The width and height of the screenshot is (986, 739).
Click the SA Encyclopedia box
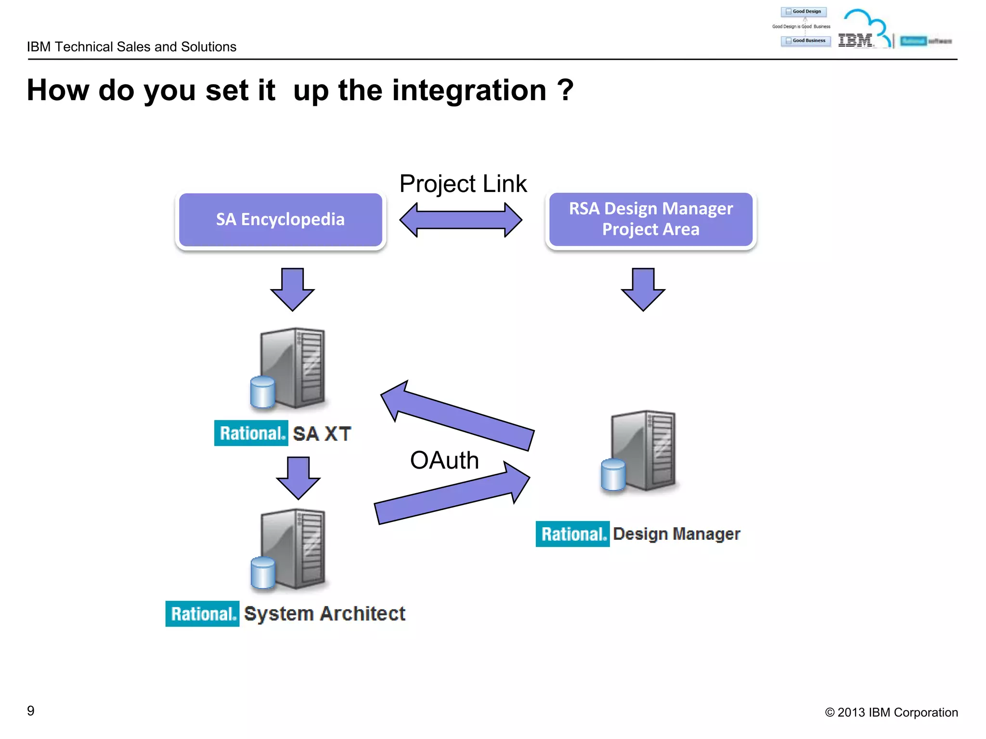pos(280,219)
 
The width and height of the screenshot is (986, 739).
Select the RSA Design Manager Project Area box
pos(650,219)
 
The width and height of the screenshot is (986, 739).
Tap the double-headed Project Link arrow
pos(461,220)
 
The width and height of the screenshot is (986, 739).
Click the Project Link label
pos(463,184)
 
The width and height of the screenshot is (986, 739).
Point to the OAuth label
pos(444,460)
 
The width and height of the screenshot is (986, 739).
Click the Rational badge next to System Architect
pos(202,614)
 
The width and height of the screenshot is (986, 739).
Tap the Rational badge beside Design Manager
pos(572,534)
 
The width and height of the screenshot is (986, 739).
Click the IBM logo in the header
pos(856,40)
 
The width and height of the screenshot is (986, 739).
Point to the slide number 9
pos(31,711)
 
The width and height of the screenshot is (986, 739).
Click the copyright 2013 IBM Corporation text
pos(891,713)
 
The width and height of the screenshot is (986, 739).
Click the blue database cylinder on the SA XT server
pos(263,392)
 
